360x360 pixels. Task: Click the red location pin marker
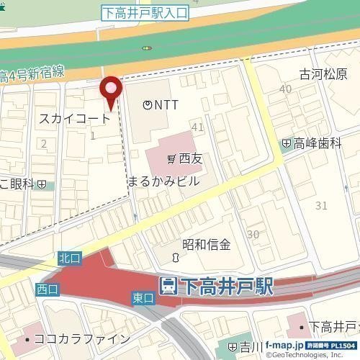[x=110, y=91]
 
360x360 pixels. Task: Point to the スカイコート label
[x=74, y=118]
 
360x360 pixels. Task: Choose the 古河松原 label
[x=323, y=75]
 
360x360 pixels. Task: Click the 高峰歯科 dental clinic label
[x=316, y=143]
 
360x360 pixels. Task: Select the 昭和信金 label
[x=206, y=244]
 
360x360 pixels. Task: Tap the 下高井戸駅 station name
[x=226, y=286]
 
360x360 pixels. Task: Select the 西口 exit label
[x=45, y=289]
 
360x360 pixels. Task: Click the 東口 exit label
[x=143, y=297]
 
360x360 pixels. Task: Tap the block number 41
[x=197, y=127]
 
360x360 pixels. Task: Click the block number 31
[x=321, y=206]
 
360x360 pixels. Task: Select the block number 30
[x=253, y=234]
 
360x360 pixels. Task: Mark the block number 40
[x=286, y=89]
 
